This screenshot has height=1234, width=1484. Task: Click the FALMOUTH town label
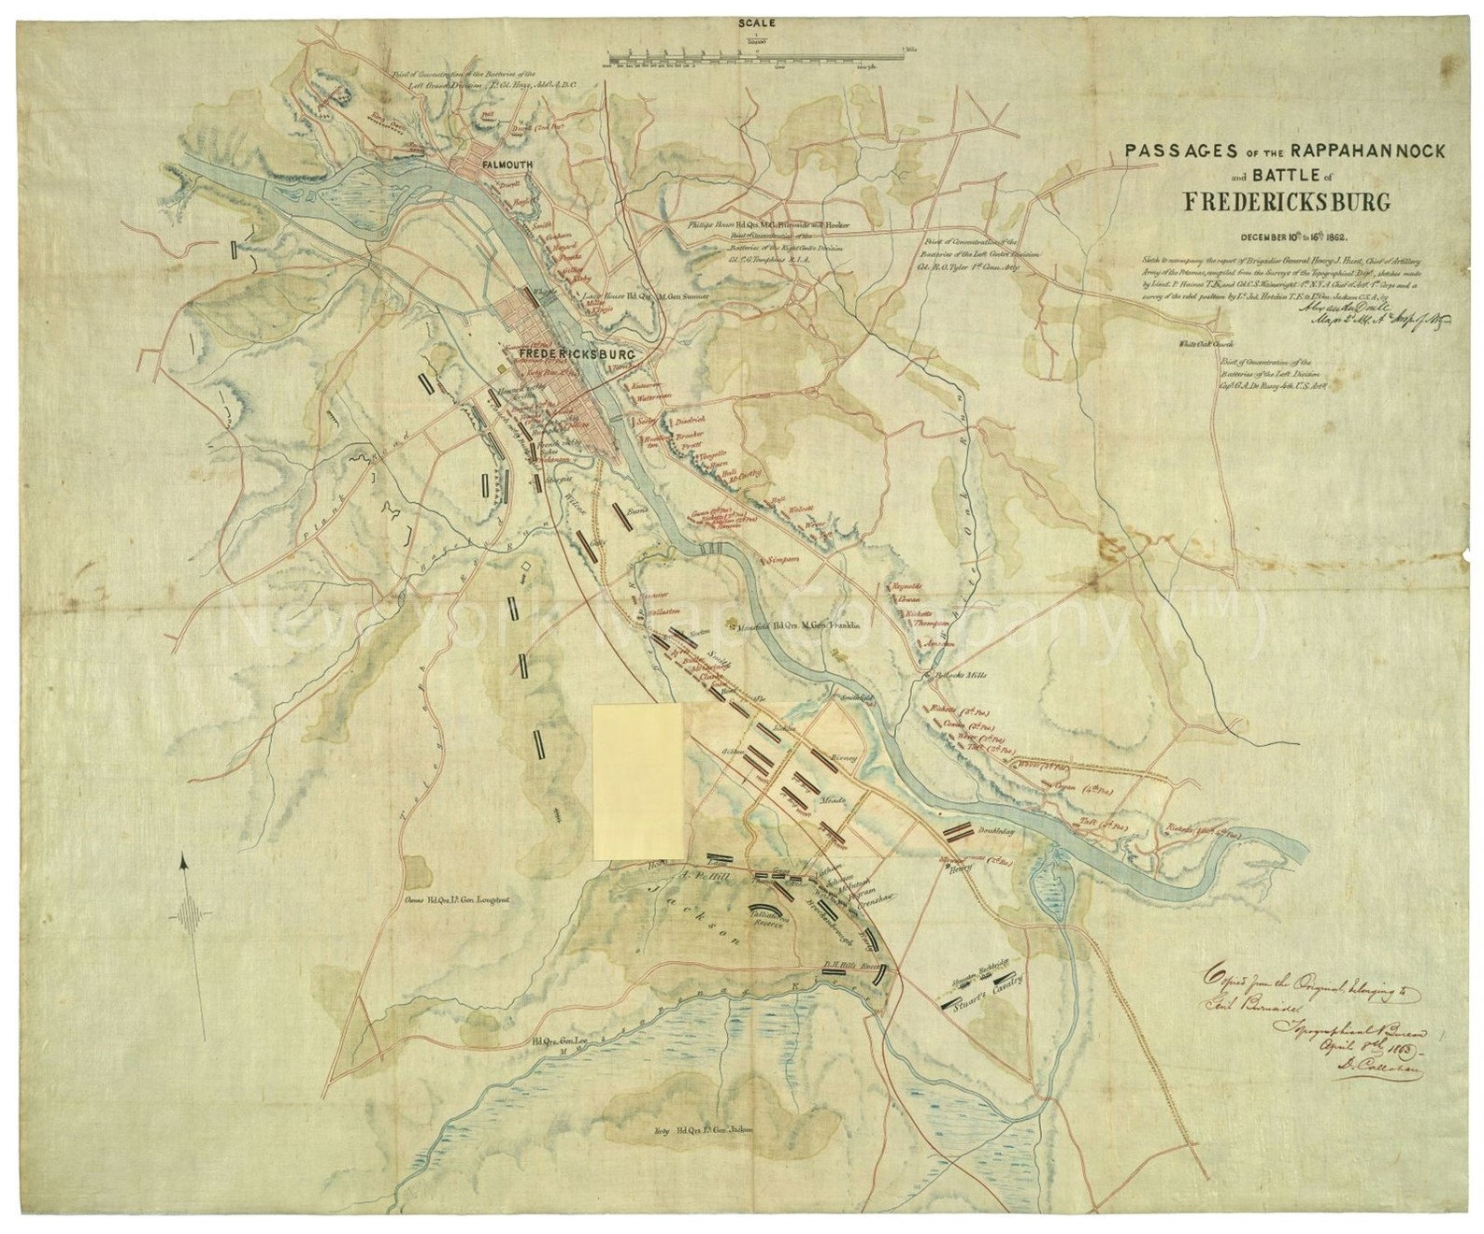click(507, 165)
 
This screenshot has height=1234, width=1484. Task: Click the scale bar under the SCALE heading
click(755, 55)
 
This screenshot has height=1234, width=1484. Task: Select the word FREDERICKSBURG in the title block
click(1287, 202)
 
